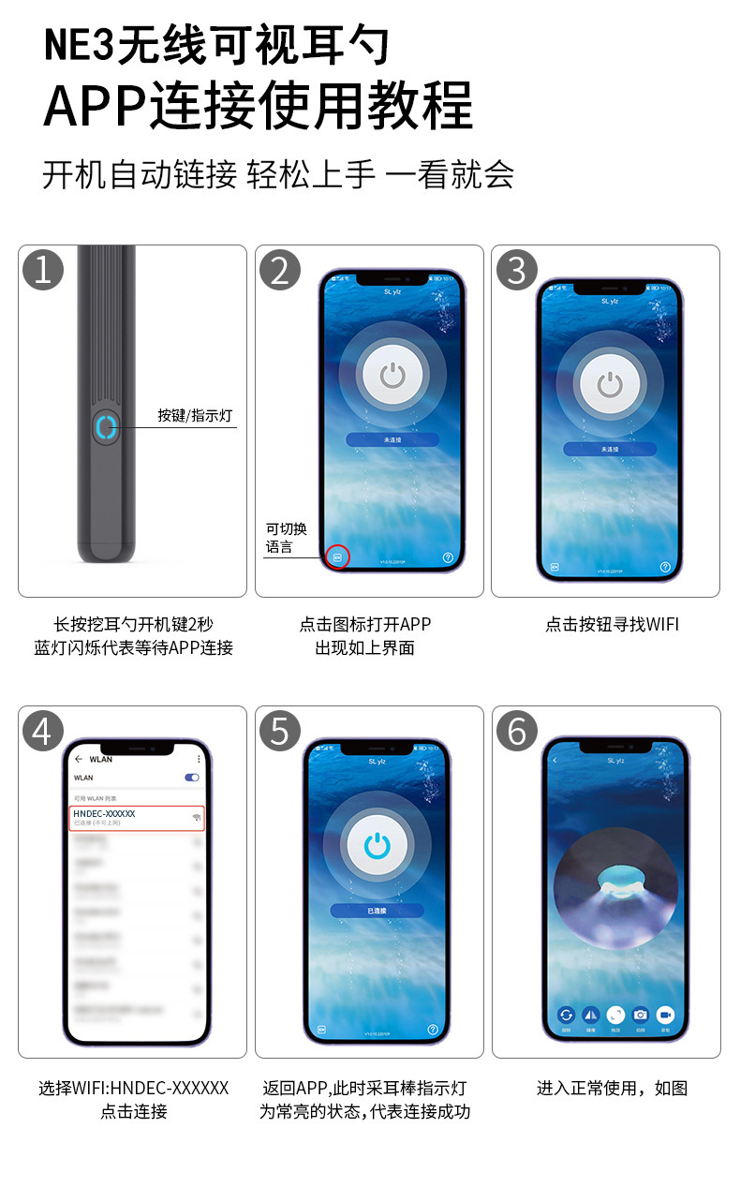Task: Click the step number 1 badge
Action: coord(43,270)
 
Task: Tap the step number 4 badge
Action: coord(43,731)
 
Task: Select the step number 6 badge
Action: coord(517,731)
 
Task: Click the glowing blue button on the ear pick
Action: coord(105,427)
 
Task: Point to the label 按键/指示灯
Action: coord(195,415)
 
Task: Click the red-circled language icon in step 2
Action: coord(338,556)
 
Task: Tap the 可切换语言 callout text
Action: coord(286,538)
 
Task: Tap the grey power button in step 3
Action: coord(610,384)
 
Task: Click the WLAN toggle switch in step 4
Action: coord(192,778)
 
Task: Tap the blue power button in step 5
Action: coord(377,844)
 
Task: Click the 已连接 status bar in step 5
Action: coord(377,911)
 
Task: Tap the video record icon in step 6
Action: coord(665,1015)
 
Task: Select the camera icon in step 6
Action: coord(641,1015)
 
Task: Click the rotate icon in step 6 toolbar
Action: coord(567,1015)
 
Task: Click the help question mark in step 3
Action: coord(665,567)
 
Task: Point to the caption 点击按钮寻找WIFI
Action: coord(612,624)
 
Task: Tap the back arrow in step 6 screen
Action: coord(555,760)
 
